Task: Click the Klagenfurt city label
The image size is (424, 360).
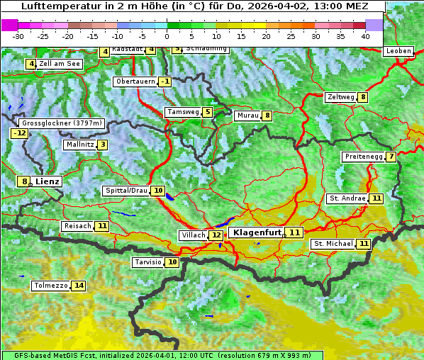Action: pos(256,232)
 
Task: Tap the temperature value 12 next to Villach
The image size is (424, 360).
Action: pos(216,235)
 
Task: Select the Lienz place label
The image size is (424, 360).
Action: pos(48,181)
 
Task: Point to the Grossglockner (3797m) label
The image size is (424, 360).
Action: pos(62,123)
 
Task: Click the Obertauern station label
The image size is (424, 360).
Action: pos(135,81)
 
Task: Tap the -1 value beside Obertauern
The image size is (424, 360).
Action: pos(164,81)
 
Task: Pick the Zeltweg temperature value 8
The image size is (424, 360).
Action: pos(363,97)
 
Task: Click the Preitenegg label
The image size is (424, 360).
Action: pos(363,157)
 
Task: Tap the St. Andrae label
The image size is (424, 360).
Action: pos(347,198)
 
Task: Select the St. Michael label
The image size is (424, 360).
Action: pos(333,244)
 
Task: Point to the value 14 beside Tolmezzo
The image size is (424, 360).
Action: pos(78,286)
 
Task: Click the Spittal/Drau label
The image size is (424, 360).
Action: pos(126,191)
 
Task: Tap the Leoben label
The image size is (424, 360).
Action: pos(398,51)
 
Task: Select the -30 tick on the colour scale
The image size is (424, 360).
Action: pos(18,36)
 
